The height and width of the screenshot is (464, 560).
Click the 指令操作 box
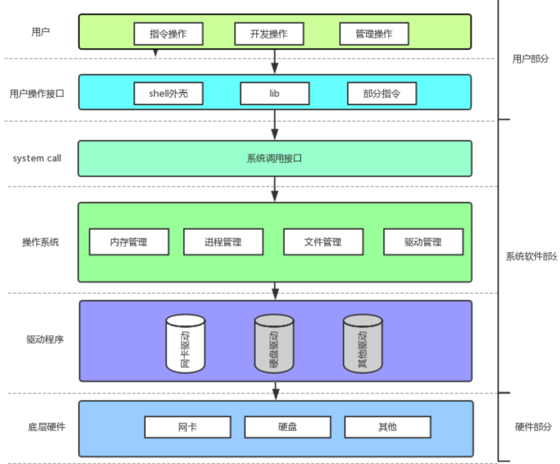tap(168, 33)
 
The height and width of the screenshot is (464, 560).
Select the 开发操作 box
tap(269, 33)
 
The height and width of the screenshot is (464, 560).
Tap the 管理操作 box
tap(374, 33)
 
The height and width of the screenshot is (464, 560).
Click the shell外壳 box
tap(168, 93)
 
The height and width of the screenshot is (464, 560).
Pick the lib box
tap(274, 93)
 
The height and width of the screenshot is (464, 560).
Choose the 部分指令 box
tap(382, 93)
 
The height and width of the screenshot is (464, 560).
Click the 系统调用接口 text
tap(274, 158)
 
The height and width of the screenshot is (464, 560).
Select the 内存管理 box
tap(129, 242)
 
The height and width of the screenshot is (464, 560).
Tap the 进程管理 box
tap(223, 242)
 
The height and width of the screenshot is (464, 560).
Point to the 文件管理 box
tap(322, 242)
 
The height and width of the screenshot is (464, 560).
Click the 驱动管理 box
tap(423, 242)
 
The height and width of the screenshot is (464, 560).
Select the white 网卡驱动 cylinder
tap(186, 343)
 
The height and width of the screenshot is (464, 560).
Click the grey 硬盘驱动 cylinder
tap(274, 343)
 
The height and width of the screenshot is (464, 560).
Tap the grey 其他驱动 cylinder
tap(363, 343)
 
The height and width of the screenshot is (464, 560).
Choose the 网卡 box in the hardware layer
tap(187, 426)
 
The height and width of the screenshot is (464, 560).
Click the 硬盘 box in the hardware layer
tap(288, 426)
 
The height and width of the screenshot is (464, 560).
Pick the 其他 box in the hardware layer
tap(387, 426)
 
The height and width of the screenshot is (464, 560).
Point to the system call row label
tap(37, 158)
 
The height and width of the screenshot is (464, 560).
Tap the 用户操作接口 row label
tap(37, 93)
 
